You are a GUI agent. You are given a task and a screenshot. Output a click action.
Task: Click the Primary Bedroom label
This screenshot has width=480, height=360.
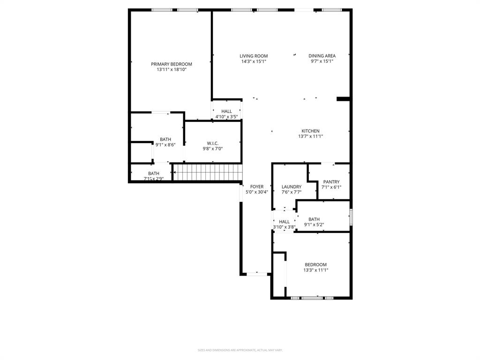(171, 64)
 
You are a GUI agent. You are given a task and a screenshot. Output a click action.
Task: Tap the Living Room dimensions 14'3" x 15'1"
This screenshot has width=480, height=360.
(254, 61)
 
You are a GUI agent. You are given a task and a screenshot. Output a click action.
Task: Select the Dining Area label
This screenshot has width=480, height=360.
(322, 56)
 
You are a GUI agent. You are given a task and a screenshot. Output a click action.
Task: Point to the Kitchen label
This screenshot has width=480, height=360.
(310, 131)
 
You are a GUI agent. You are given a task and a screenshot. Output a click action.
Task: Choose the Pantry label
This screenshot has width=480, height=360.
(331, 182)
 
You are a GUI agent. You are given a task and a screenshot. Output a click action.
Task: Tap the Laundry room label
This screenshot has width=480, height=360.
(291, 187)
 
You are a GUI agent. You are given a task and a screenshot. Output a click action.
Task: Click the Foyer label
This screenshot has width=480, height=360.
(256, 187)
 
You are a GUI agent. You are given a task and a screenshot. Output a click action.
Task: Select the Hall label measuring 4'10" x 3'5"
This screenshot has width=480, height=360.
(226, 112)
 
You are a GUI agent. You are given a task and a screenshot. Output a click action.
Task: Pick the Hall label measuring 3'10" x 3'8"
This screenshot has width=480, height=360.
(284, 222)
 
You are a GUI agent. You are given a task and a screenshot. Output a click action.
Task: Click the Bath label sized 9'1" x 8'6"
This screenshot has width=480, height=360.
(165, 140)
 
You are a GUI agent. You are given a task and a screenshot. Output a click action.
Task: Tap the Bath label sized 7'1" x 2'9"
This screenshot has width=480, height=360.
(153, 173)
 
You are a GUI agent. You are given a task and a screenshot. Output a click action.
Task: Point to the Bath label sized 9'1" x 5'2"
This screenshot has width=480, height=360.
(314, 219)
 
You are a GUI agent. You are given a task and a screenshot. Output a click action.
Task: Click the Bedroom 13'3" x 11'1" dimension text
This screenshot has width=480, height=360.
(315, 270)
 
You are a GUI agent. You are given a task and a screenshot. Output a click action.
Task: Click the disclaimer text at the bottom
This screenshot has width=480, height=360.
(240, 350)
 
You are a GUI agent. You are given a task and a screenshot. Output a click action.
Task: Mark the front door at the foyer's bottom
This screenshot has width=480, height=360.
(256, 273)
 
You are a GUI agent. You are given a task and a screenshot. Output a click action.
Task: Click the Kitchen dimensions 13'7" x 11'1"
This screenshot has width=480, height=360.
(310, 136)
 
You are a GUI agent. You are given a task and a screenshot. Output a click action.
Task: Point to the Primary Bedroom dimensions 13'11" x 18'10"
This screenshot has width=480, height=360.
(171, 69)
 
